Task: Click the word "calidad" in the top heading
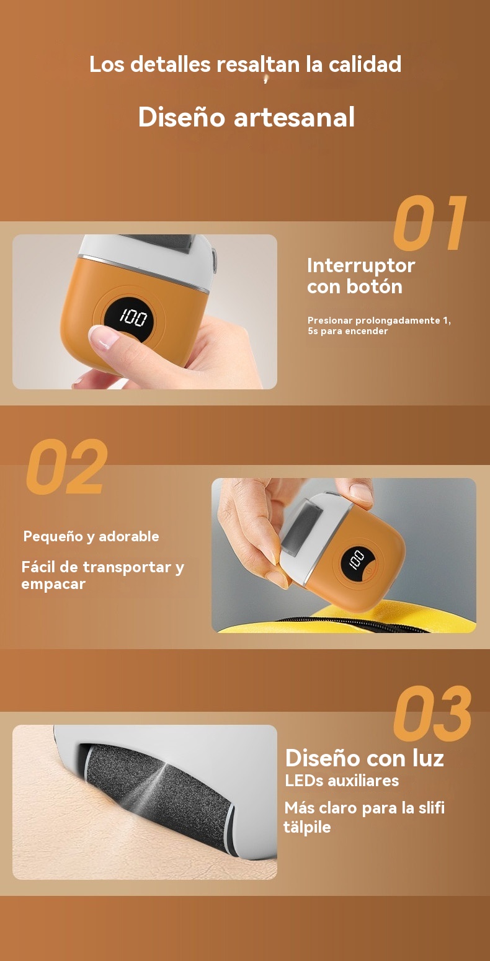pos(365,64)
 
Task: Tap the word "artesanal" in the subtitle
pos(294,117)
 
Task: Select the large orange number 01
pos(430,223)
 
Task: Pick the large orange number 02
pos(66,466)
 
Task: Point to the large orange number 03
pos(432,714)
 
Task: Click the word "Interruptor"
pos(361,266)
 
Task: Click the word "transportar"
pos(127,567)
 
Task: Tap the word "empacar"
pos(53,585)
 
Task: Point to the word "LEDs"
pos(304,781)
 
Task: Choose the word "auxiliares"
pos(363,781)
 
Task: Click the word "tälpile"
pos(307,826)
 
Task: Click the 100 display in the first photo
pos(133,317)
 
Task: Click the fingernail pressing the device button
pos(104,337)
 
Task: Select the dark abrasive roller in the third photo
pos(159,798)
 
